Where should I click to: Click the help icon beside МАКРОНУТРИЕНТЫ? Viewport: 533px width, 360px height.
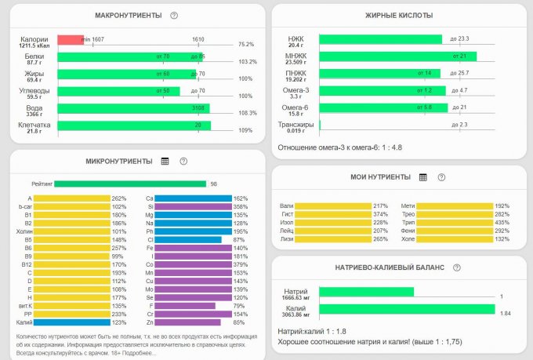tap(173, 16)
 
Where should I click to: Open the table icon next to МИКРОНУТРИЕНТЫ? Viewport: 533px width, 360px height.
tap(165, 161)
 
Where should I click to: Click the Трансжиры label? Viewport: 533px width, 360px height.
tap(296, 125)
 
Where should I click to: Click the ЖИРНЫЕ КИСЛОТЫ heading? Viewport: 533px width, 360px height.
tap(399, 16)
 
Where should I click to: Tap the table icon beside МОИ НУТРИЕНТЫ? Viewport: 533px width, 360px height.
tap(422, 177)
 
